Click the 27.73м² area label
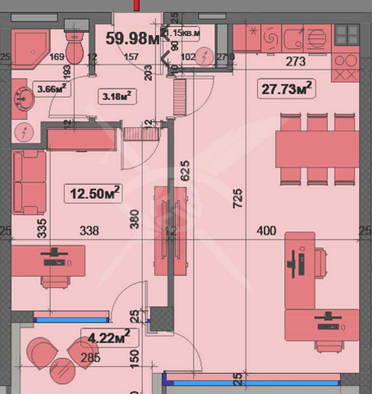tap(287, 89)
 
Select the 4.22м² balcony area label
tap(109, 338)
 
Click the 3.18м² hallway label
tap(117, 96)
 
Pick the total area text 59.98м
tap(132, 38)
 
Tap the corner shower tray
tap(30, 48)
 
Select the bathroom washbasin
tap(23, 99)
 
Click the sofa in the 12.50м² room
tap(29, 182)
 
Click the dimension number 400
tap(266, 230)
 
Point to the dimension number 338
tap(89, 230)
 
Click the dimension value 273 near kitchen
tap(296, 62)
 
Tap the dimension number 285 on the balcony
tap(90, 358)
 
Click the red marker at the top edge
tap(136, 5)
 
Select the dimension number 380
tap(135, 219)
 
